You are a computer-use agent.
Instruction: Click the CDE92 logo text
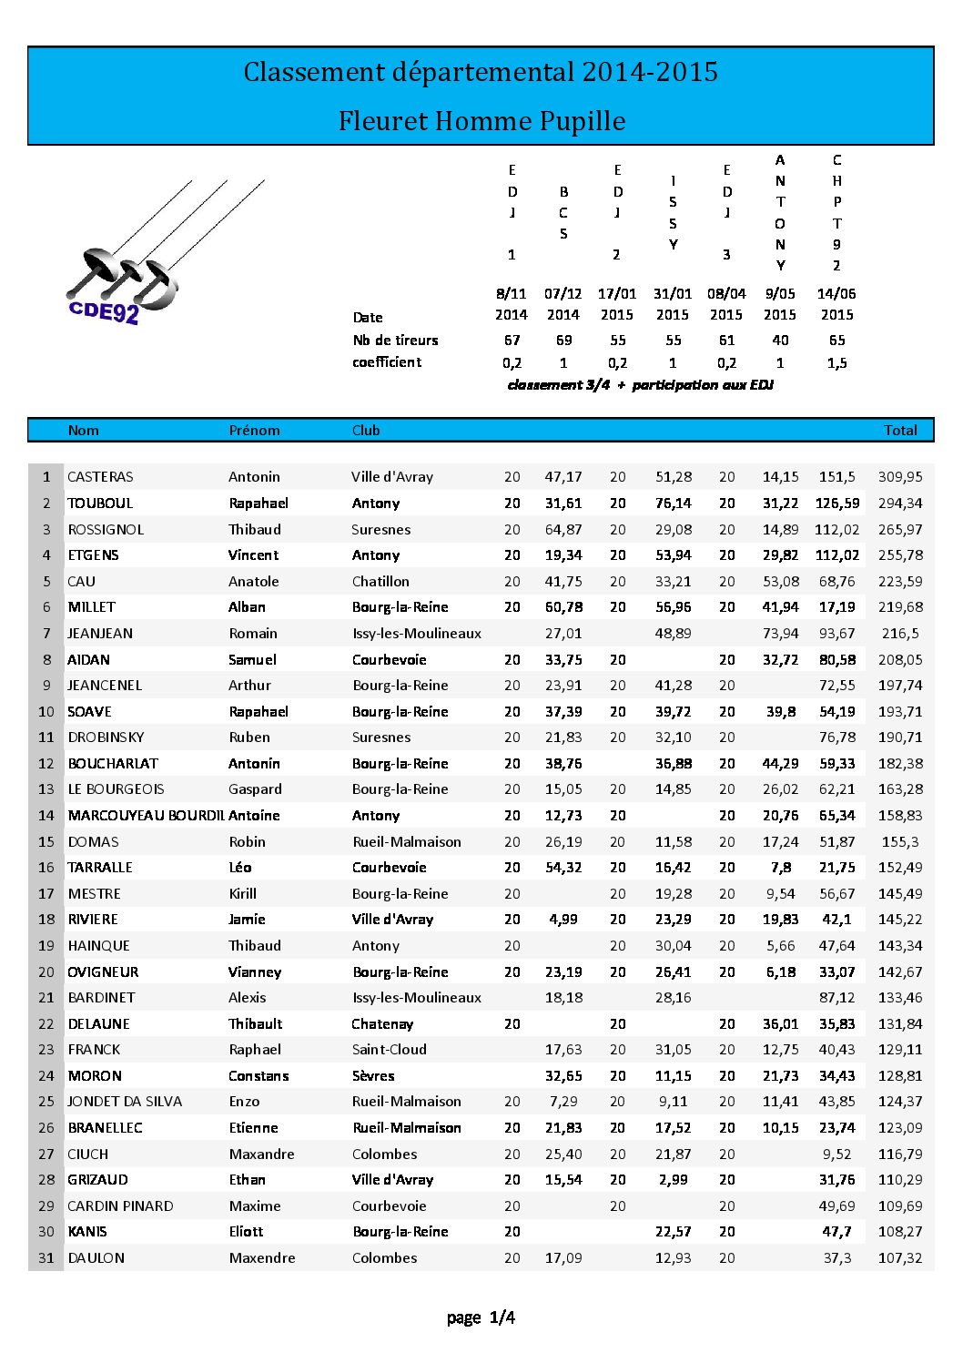click(104, 311)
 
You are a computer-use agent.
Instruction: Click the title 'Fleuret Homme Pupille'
click(481, 121)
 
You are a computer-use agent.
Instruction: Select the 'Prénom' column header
click(254, 430)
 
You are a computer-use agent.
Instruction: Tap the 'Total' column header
click(899, 430)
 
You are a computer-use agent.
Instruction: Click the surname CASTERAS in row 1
click(100, 476)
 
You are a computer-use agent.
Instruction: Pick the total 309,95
click(899, 476)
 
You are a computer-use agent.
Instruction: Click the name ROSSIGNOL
click(106, 529)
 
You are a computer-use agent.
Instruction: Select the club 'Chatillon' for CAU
click(380, 581)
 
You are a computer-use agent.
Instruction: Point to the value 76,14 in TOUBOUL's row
click(673, 503)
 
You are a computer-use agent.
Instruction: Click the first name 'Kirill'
click(243, 893)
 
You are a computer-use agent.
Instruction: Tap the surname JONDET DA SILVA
click(125, 1101)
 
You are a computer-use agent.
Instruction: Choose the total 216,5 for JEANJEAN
click(899, 633)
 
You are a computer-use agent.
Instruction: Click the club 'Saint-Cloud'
click(389, 1049)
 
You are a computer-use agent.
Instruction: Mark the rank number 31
click(46, 1257)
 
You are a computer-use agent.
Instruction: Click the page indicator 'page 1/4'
click(481, 1317)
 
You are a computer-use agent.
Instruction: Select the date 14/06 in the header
click(836, 293)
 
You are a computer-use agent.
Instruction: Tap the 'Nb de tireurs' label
click(395, 340)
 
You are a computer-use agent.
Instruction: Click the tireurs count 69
click(563, 340)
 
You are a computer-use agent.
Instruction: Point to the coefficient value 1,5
click(836, 362)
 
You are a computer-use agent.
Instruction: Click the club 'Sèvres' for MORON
click(373, 1075)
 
